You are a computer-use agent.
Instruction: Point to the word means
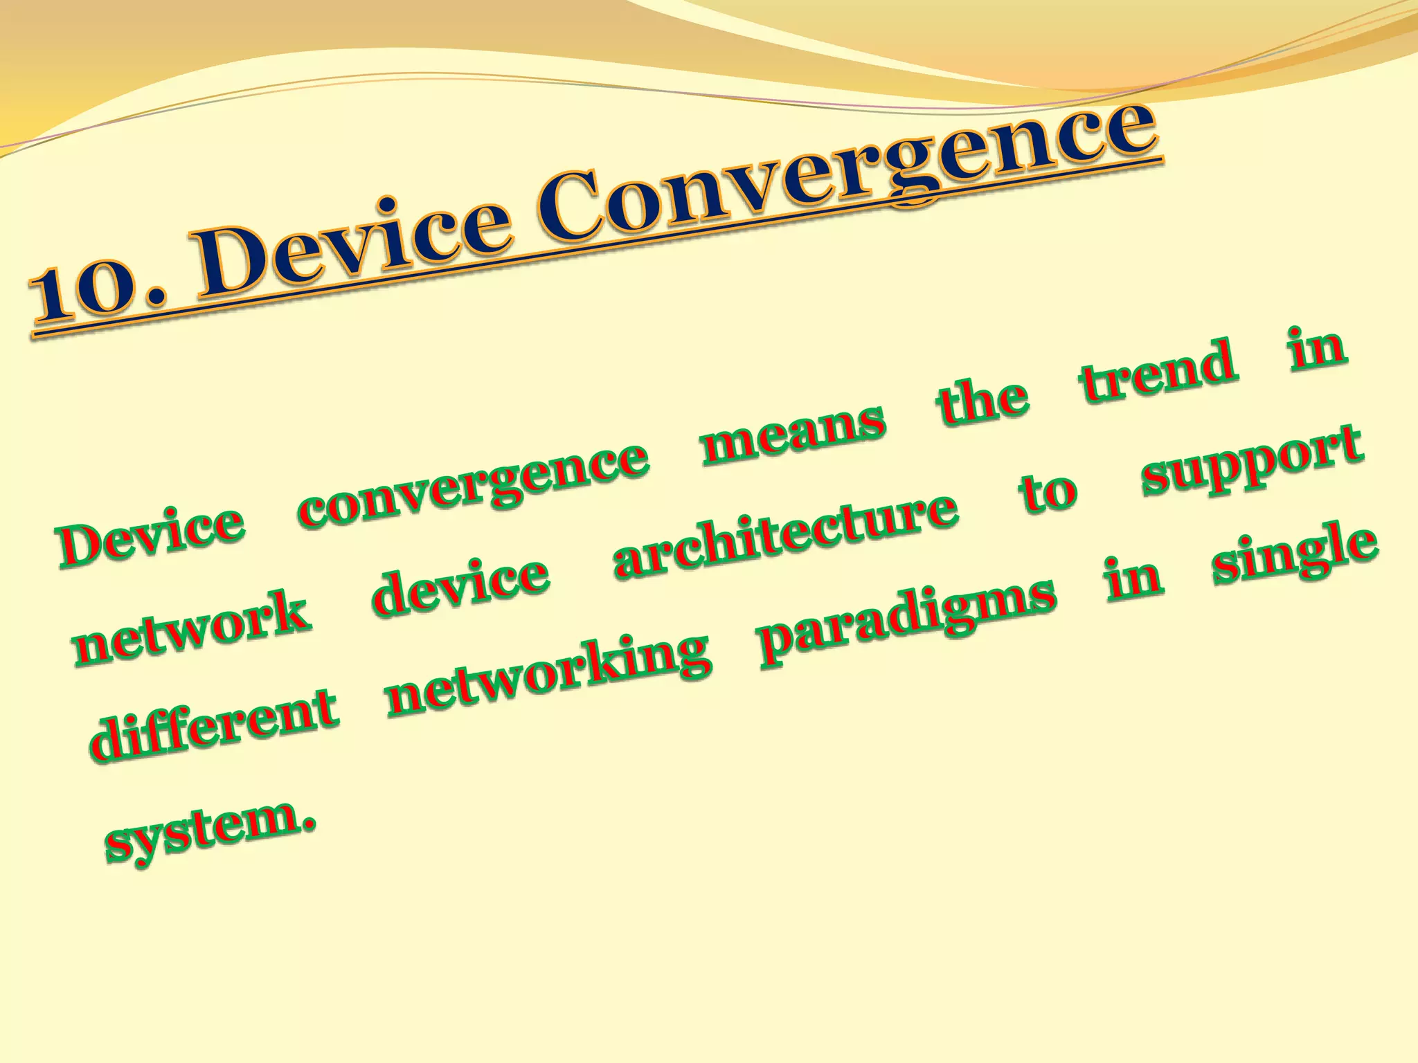793,433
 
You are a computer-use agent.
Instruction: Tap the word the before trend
982,401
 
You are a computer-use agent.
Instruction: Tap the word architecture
786,536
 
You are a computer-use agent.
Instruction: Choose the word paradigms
907,620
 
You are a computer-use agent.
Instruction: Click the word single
1295,557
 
